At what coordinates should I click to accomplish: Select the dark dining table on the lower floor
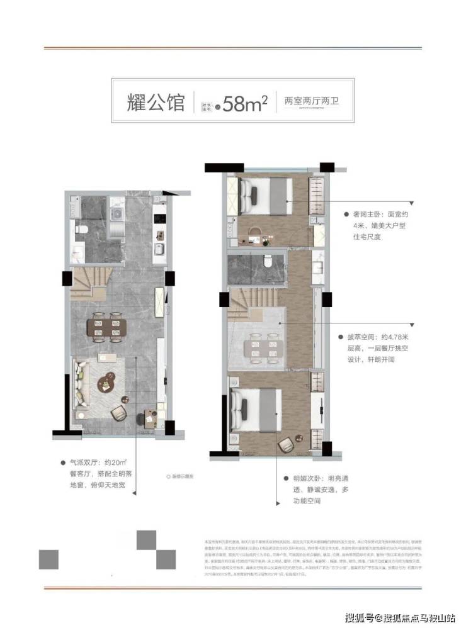click(x=106, y=327)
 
